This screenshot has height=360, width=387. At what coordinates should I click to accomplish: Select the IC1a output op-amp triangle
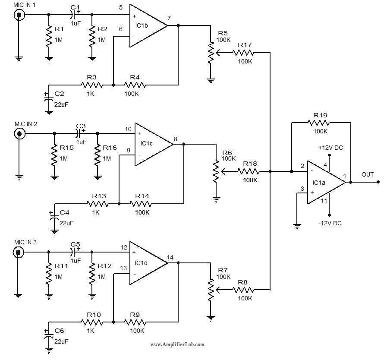coord(326,182)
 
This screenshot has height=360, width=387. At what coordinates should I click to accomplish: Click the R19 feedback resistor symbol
coord(321,123)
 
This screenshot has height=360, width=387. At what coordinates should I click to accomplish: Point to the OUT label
coord(368,175)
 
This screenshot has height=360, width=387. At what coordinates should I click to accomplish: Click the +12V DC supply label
coord(330,148)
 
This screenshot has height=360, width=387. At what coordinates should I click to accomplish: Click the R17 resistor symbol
coord(244,53)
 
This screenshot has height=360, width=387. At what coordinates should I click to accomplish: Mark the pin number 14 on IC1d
coord(170,257)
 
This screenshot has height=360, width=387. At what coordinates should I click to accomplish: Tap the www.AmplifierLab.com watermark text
coord(177,344)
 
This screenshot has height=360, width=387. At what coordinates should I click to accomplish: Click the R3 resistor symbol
coord(91,85)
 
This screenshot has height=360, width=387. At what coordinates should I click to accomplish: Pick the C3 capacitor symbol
coord(80,133)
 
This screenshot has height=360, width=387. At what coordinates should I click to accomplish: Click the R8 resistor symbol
coord(244,290)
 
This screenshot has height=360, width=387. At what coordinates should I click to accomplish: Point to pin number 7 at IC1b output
coord(169,18)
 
